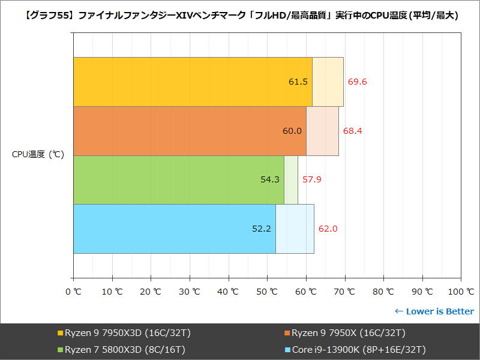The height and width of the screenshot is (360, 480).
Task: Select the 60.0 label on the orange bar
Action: click(x=292, y=131)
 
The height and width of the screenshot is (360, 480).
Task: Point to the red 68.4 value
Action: click(x=353, y=131)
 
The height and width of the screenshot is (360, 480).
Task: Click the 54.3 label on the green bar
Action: click(x=269, y=179)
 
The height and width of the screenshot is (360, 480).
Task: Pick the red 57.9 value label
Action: click(x=311, y=179)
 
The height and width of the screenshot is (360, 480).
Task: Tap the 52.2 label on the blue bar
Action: click(x=262, y=229)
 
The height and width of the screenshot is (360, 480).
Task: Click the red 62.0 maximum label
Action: click(x=328, y=229)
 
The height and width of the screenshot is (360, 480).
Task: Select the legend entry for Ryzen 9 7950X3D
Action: click(x=124, y=333)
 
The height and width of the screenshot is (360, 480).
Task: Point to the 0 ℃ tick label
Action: click(x=73, y=292)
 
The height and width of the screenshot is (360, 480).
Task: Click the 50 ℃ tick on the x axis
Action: click(x=267, y=292)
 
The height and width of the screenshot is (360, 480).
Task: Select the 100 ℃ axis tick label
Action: click(x=461, y=292)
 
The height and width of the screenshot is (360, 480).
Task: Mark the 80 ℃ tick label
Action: click(x=383, y=292)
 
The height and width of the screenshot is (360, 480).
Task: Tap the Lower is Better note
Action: click(x=434, y=311)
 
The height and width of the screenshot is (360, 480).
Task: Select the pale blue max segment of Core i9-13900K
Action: click(x=295, y=229)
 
